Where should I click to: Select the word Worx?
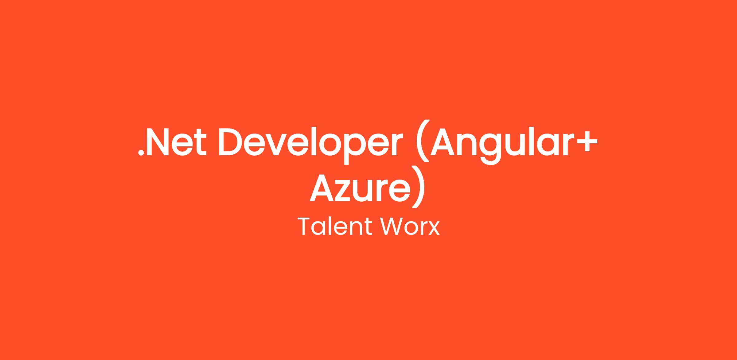[x=410, y=227]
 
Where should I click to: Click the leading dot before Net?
[x=141, y=153]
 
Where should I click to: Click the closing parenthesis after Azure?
[x=418, y=187]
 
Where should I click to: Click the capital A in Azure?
[x=322, y=188]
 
